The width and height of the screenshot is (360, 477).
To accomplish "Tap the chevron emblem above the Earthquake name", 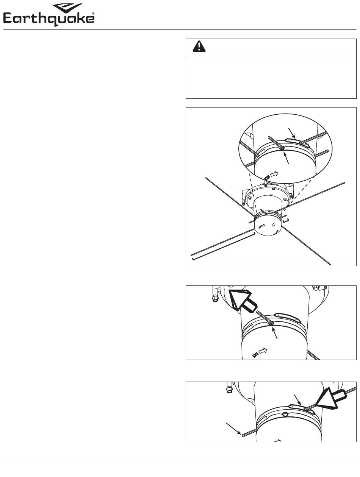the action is [68, 8].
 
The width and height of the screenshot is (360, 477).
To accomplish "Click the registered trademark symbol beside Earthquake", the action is [93, 14].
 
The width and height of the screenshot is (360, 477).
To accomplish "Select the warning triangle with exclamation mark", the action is [199, 47].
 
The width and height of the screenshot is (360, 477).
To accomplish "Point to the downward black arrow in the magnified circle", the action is [292, 133].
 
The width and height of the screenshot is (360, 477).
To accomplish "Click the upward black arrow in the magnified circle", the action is [286, 158].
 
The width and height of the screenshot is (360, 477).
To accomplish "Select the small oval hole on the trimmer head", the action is [274, 225].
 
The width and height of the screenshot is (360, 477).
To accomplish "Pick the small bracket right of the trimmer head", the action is [286, 221].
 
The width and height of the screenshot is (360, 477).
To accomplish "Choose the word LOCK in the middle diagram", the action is [255, 355].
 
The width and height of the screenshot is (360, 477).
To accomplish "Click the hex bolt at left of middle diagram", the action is [215, 299].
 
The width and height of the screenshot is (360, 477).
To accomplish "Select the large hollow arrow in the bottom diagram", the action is [330, 399].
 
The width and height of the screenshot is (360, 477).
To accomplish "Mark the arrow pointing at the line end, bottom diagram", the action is [233, 428].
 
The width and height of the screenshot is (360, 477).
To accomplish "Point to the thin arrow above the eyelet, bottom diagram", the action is [297, 400].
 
